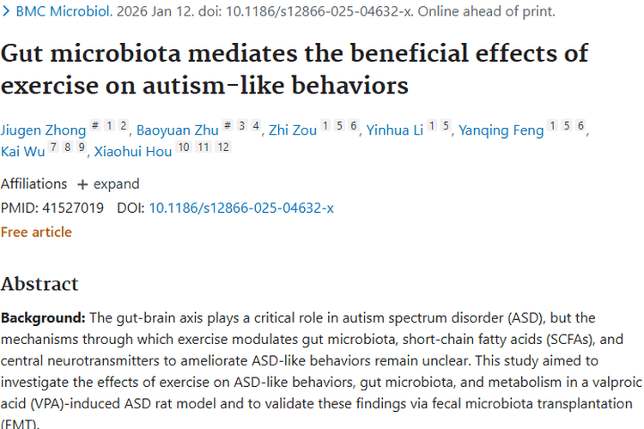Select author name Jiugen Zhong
[43, 130]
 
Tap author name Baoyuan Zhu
[177, 130]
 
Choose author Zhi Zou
[293, 130]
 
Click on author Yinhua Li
[394, 130]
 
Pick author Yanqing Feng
[501, 130]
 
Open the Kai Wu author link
[22, 153]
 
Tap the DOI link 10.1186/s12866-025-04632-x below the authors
[241, 208]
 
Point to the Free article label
[36, 232]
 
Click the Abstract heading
[39, 284]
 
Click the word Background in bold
[40, 318]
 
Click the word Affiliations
[33, 184]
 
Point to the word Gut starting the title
[24, 52]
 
